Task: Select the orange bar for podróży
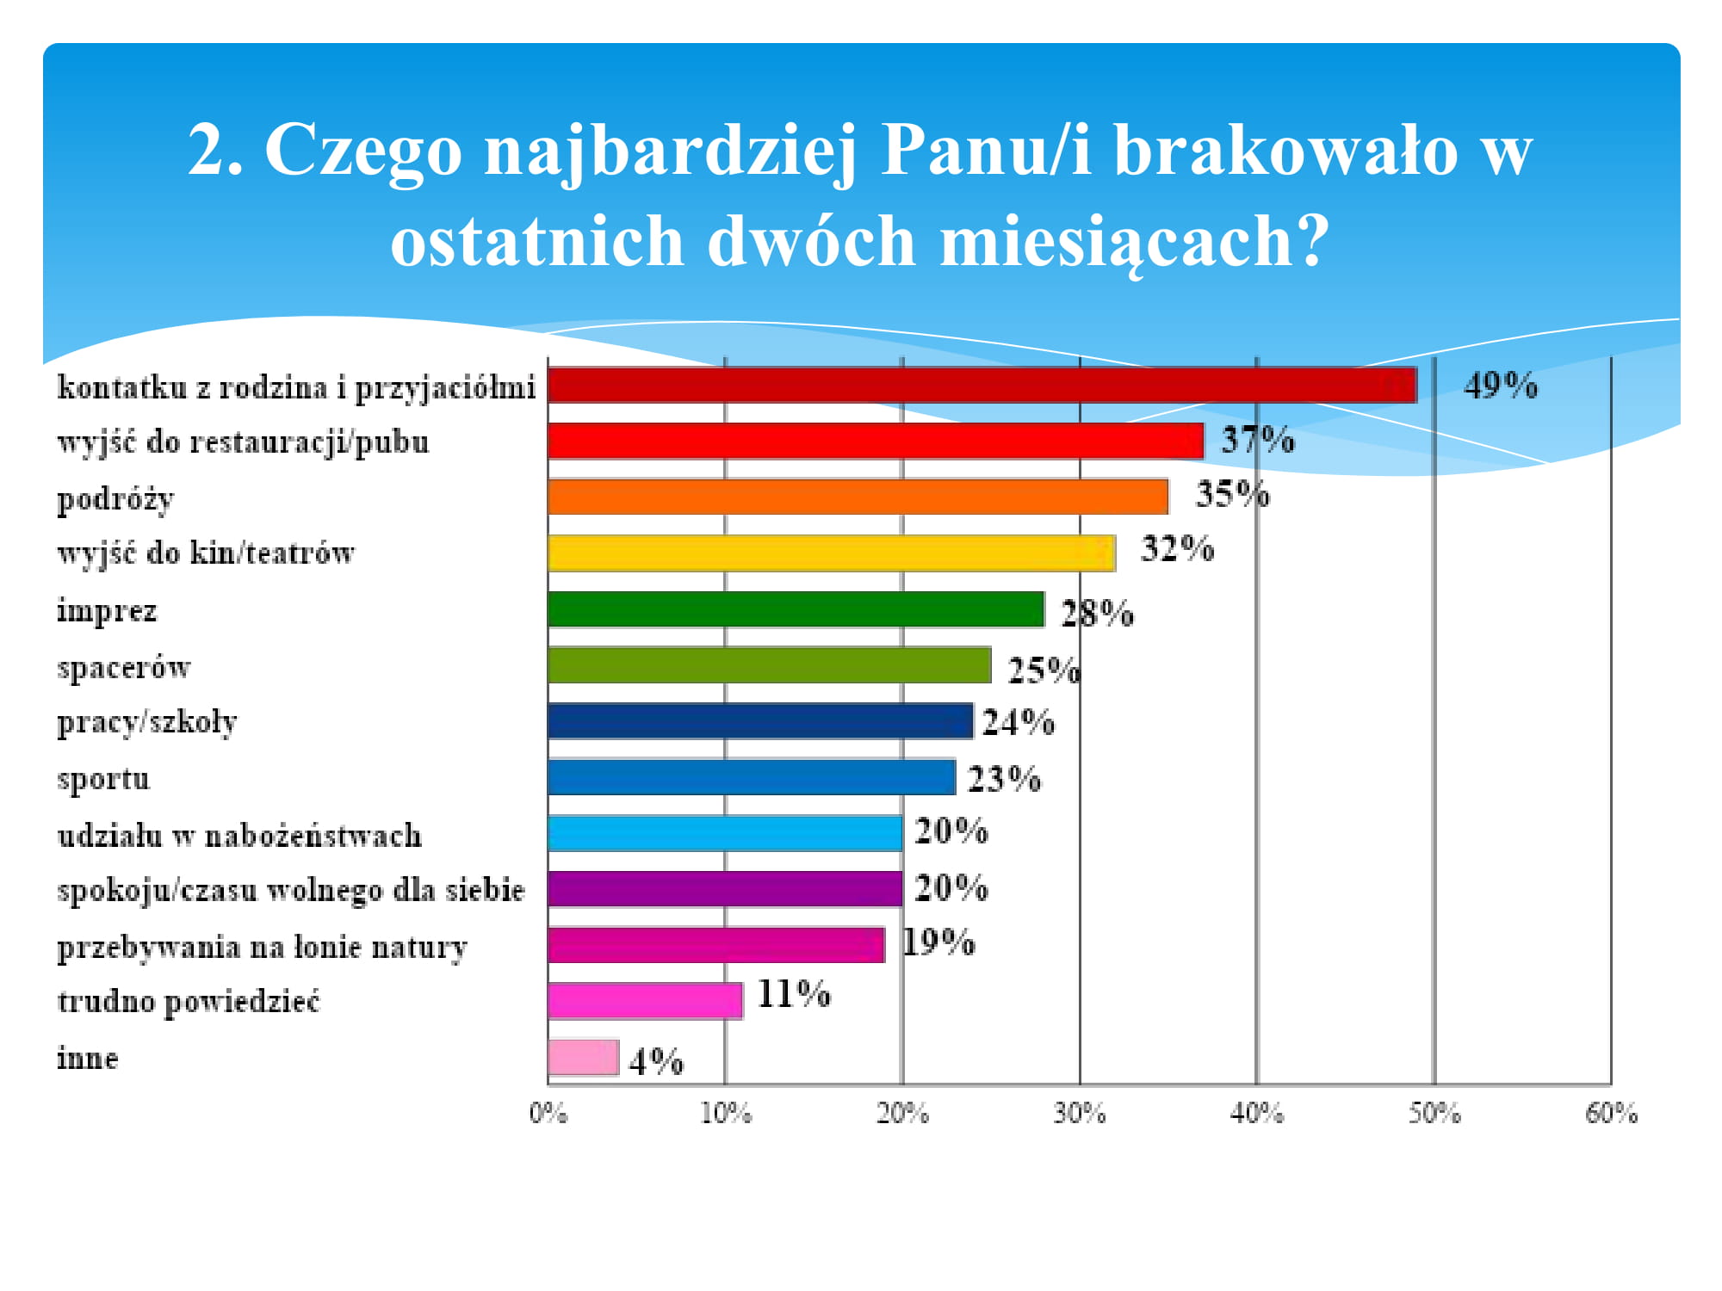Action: coord(858,497)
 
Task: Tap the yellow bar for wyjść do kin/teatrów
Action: coord(831,553)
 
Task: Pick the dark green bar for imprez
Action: coord(796,609)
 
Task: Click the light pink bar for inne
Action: coord(583,1058)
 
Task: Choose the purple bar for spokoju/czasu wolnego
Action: coord(725,889)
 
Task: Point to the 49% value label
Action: coord(1500,385)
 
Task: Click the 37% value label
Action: coord(1257,440)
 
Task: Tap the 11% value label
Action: coord(793,994)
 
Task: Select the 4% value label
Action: coord(656,1060)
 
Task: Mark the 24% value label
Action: coord(1018,722)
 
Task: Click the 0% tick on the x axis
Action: coord(548,1113)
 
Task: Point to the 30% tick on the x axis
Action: coord(1080,1113)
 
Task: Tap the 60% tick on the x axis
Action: coord(1611,1113)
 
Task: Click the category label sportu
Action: coord(103,779)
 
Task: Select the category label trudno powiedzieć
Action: coord(189,1001)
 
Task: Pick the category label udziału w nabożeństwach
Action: coord(239,835)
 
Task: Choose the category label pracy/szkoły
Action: coord(146,721)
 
